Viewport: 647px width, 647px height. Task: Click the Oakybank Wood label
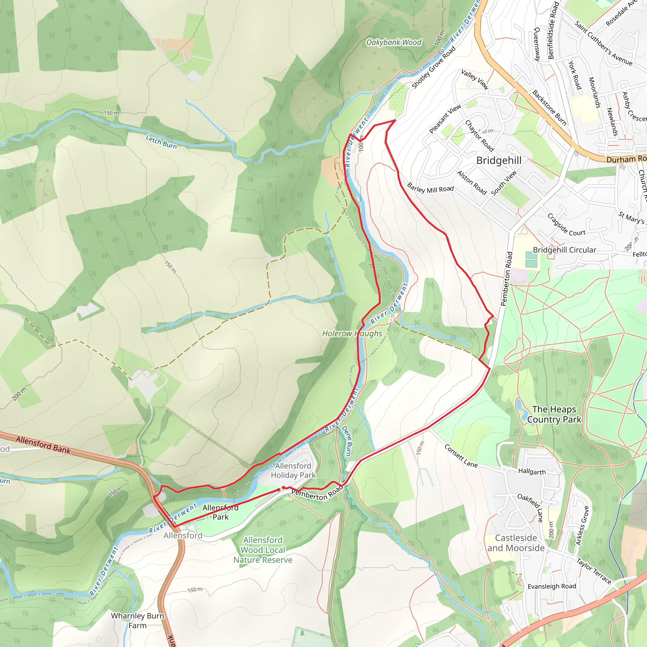[x=394, y=43]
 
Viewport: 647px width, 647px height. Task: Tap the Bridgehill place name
[x=499, y=160]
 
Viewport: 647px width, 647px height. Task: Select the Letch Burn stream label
[x=161, y=141]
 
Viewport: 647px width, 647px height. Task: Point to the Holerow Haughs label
[x=352, y=334]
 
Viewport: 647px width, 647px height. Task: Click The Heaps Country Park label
[x=554, y=414]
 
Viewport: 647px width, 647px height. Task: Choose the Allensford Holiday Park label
[x=293, y=470]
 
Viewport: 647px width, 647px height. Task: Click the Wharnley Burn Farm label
[x=137, y=620]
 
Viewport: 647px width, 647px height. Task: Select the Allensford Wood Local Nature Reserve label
[x=263, y=550]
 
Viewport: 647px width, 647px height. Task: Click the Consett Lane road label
[x=461, y=456]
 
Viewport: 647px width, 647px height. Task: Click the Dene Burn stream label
[x=347, y=441]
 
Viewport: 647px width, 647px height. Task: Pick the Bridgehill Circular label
[x=564, y=250]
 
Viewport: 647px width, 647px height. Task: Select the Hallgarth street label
[x=532, y=472]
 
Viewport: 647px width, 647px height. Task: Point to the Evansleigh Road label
[x=552, y=586]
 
